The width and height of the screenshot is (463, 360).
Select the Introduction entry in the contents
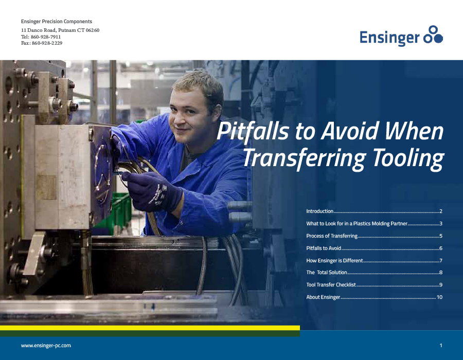point(320,211)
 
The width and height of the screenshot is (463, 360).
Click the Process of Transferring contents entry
point(332,236)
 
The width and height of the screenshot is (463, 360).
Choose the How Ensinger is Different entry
point(335,261)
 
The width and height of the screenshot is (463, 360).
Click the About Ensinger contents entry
point(323,297)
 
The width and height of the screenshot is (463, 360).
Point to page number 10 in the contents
point(439,297)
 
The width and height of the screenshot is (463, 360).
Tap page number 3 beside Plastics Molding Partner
point(441,224)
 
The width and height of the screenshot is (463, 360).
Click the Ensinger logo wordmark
point(389,38)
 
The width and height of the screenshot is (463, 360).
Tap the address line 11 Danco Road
point(60,30)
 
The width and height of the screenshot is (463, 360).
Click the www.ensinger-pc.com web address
point(46,346)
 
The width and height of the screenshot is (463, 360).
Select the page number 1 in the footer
point(441,346)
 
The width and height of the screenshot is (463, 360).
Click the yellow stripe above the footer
point(149,328)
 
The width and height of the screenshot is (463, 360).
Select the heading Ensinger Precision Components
point(57,22)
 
